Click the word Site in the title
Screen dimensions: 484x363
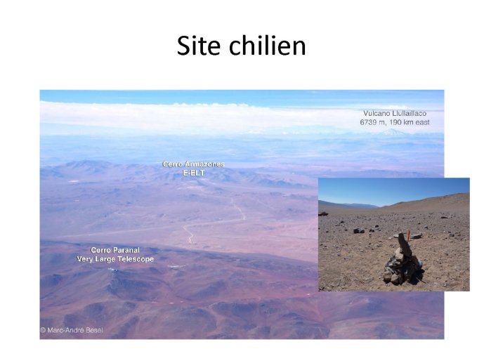(199, 45)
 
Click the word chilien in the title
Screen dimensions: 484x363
(268, 45)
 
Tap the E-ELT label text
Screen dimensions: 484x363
(194, 173)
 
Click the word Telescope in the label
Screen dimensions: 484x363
(136, 259)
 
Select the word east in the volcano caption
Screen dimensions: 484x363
(422, 122)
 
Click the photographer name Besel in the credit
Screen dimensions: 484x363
(94, 330)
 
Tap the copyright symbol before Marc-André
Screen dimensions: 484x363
(44, 330)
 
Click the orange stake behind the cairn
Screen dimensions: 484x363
(409, 235)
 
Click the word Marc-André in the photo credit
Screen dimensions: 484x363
(66, 330)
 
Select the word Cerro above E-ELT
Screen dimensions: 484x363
(172, 164)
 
